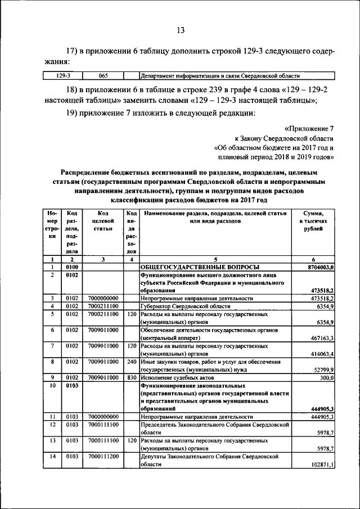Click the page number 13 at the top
(x=180, y=30)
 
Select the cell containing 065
(x=103, y=75)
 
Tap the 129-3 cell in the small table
(x=62, y=75)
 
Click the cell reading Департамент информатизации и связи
(x=219, y=75)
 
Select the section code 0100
(x=71, y=267)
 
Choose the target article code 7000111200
(x=103, y=457)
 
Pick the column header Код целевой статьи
(x=103, y=221)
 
